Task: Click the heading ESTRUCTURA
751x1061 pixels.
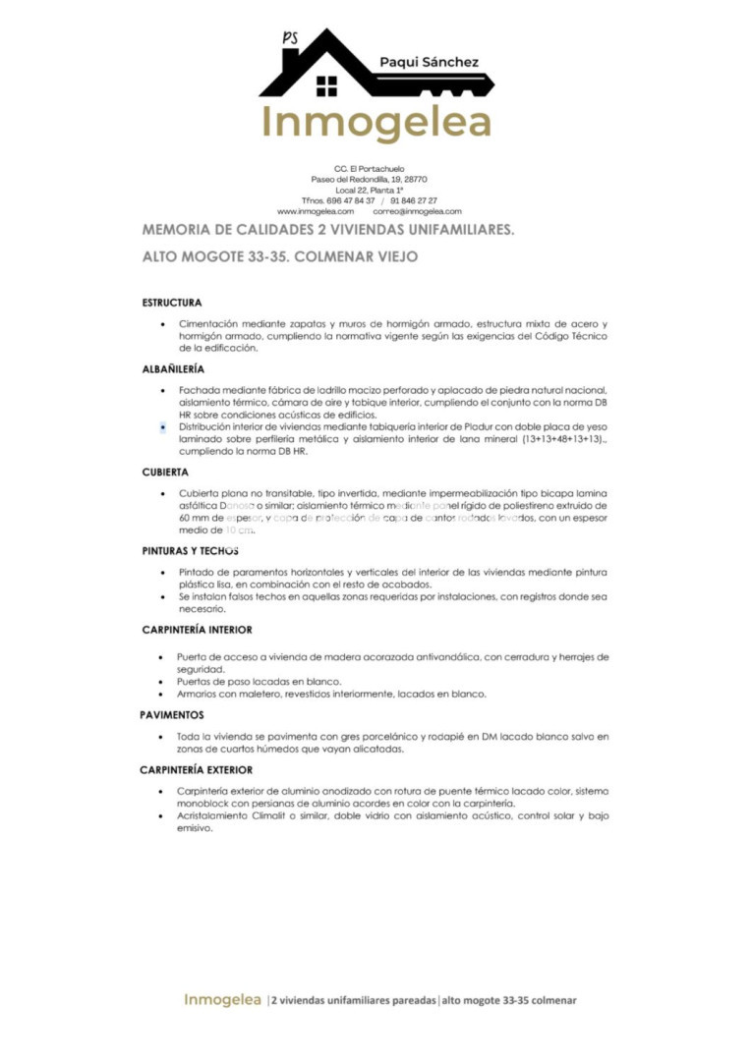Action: click(172, 303)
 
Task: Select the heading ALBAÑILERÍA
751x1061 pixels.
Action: click(173, 368)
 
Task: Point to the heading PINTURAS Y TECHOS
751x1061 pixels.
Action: click(190, 551)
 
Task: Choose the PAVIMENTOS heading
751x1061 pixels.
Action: click(172, 715)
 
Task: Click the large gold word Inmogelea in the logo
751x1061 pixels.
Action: click(375, 123)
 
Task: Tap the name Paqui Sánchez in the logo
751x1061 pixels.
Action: click(429, 62)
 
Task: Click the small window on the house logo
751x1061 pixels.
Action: click(326, 86)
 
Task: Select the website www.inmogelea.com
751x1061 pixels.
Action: click(315, 211)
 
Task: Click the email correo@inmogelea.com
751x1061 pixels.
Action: click(417, 211)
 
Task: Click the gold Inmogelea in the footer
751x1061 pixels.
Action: click(221, 1000)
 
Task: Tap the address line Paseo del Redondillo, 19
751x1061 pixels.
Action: click(369, 180)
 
